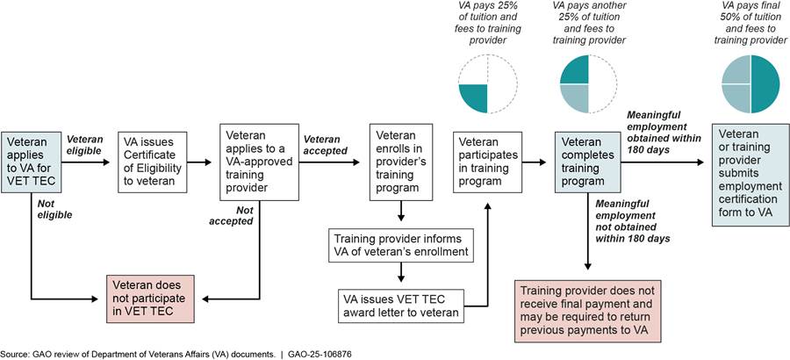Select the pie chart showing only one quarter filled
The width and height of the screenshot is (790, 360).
(485, 84)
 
